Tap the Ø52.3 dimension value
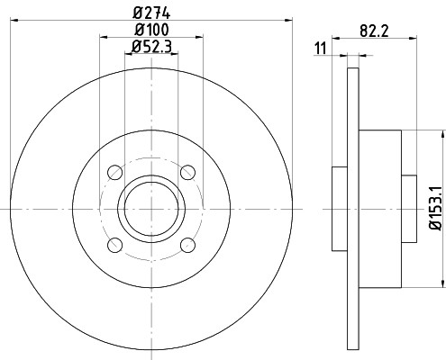(x=151, y=47)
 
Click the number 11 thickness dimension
(x=320, y=48)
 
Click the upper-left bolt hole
(x=114, y=172)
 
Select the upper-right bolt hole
(x=187, y=172)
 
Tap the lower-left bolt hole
(x=114, y=245)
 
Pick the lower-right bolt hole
(x=187, y=245)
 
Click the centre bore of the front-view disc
(x=150, y=209)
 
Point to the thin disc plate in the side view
(x=353, y=209)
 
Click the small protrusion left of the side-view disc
(x=340, y=209)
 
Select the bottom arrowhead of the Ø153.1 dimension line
(x=441, y=284)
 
